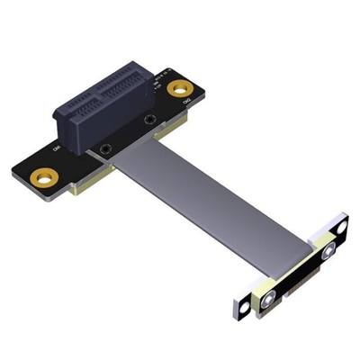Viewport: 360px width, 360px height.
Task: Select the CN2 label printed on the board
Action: coord(186,106)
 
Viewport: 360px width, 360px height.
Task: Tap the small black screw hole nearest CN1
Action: coord(108,149)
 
